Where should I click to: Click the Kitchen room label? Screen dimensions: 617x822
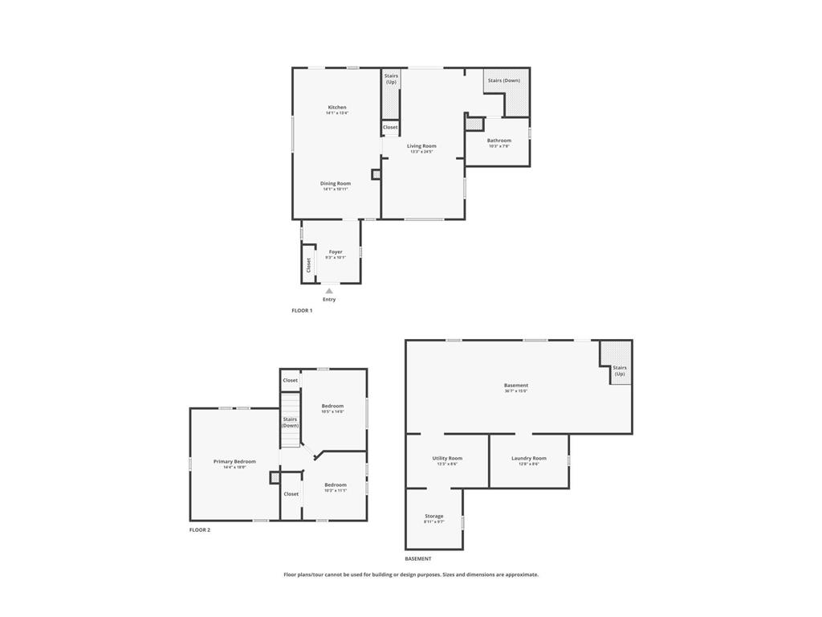point(337,108)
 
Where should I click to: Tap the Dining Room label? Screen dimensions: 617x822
point(336,184)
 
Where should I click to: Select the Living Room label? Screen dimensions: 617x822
point(421,146)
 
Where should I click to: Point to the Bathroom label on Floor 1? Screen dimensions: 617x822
point(499,141)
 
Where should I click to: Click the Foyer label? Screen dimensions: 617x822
point(336,252)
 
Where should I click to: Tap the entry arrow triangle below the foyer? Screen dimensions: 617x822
point(329,291)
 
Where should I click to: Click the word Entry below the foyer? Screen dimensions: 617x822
point(329,300)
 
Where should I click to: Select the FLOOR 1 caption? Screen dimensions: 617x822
point(302,310)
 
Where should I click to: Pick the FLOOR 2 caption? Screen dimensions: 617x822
point(200,530)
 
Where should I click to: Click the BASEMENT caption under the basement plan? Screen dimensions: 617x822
point(418,558)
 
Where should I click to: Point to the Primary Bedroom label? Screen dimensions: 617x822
point(234,462)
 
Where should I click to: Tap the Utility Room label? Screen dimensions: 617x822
point(447,459)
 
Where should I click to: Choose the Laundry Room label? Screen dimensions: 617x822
point(529,459)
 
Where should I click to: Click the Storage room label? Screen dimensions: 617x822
point(433,517)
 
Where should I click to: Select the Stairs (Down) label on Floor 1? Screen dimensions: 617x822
point(504,80)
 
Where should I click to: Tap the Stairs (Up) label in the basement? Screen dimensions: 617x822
point(620,370)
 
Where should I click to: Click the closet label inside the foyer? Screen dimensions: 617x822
point(308,264)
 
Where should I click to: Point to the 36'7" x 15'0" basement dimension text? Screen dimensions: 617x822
point(516,391)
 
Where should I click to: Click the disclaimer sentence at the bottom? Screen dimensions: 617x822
point(411,574)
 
